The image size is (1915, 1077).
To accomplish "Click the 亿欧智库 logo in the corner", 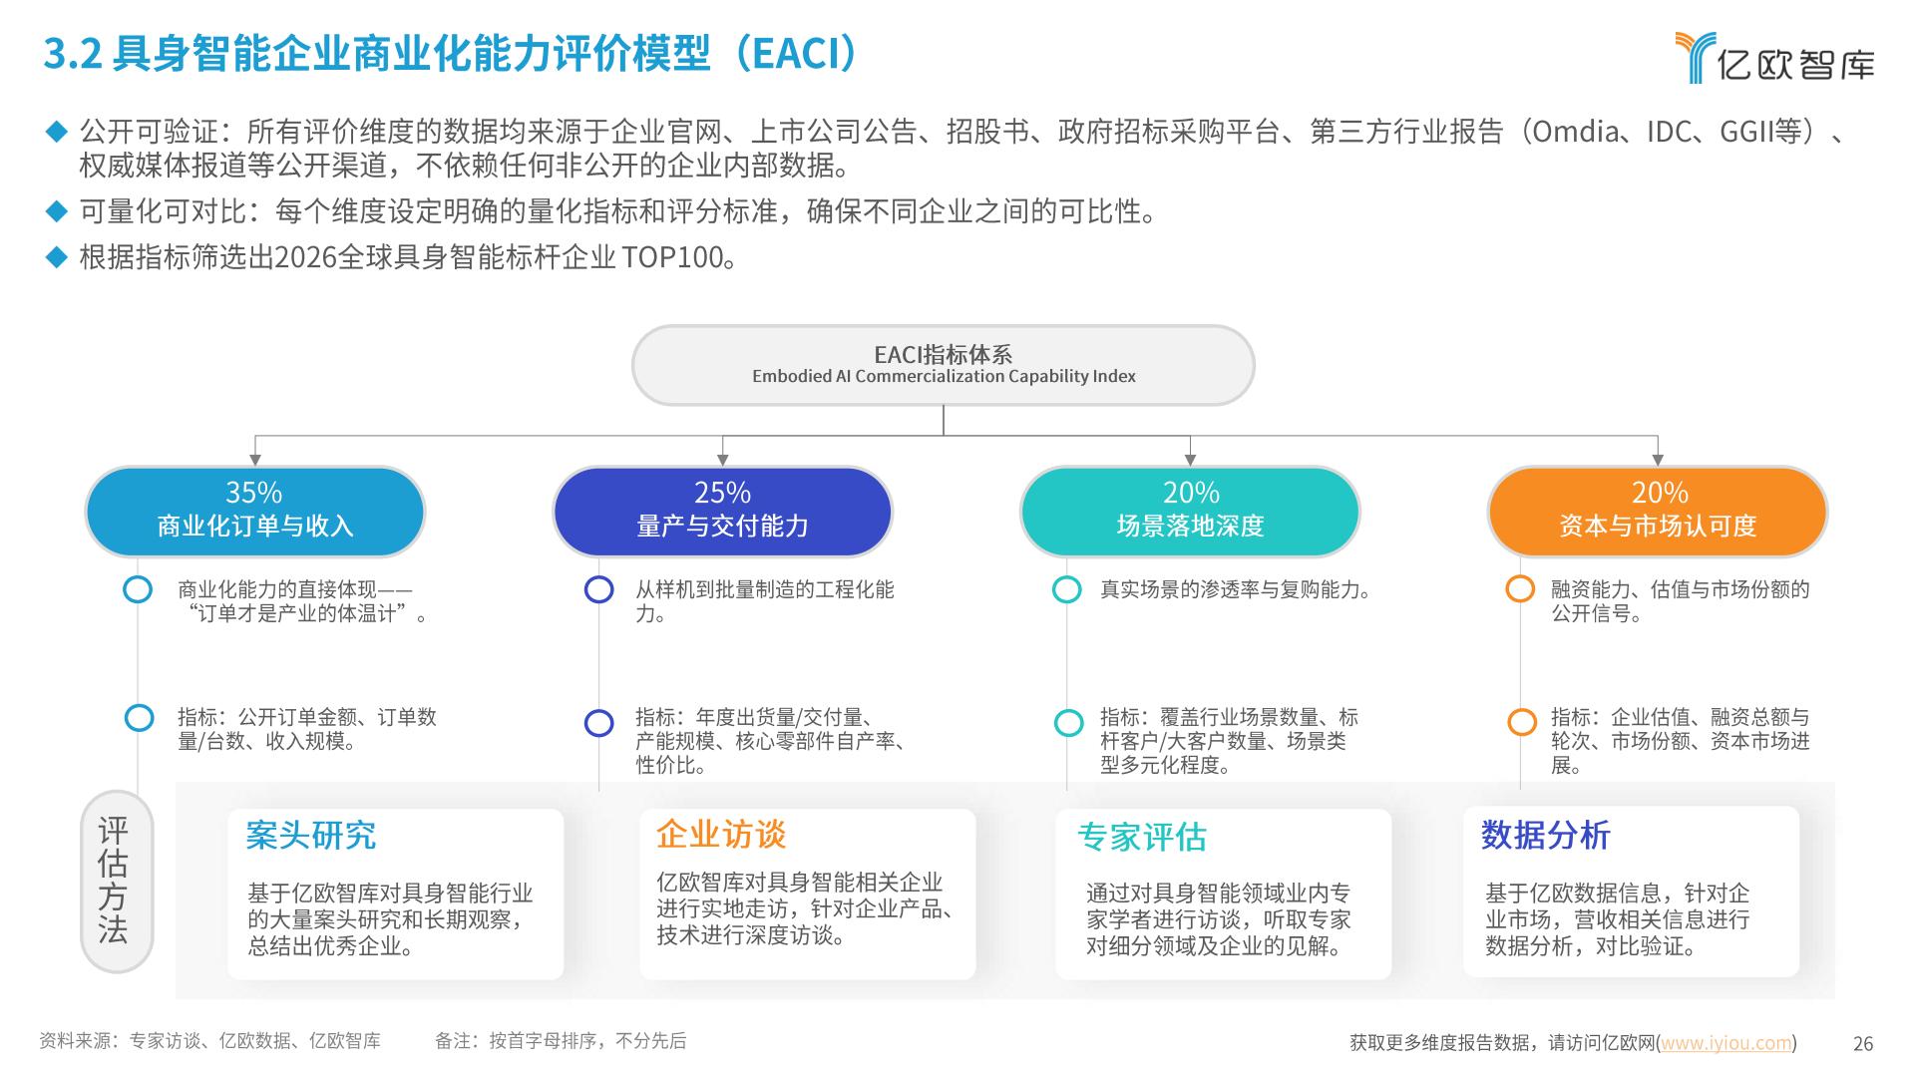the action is click(1774, 58).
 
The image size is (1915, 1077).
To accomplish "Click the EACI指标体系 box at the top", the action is click(943, 365).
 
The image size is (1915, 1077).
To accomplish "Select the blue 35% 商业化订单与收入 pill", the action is click(254, 511).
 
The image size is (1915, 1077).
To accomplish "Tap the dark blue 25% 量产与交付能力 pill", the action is click(722, 511).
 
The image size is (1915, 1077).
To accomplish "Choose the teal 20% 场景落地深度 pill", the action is click(1190, 511).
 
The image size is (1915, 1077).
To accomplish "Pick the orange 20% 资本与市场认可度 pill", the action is click(1658, 511).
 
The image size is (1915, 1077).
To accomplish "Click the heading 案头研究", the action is click(311, 836).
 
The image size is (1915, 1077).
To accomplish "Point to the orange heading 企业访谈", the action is click(721, 834).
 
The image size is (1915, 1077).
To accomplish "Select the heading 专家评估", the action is click(1142, 837).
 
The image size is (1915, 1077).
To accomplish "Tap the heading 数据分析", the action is click(1546, 835).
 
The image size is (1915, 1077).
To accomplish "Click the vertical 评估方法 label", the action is click(114, 882).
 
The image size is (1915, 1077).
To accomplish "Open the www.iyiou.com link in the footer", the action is click(1725, 1043).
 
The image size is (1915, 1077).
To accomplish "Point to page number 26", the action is click(1863, 1044).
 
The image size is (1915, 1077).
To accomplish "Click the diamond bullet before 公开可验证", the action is click(56, 131).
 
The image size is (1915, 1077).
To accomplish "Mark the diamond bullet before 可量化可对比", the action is click(56, 210).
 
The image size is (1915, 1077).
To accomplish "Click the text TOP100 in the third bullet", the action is click(672, 257).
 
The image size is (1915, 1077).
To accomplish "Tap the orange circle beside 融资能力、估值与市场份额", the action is click(1520, 589).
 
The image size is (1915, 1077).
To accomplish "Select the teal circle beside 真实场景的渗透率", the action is click(1067, 589).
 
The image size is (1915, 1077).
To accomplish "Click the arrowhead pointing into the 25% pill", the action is click(723, 460).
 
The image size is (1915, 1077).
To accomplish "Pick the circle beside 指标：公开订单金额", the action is click(139, 718).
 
